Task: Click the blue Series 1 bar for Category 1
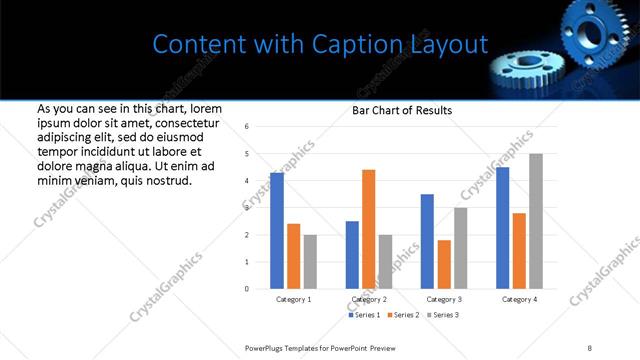pos(277,231)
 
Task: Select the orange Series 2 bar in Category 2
pos(368,230)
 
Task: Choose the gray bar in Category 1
pos(310,262)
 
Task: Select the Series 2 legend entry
pos(404,315)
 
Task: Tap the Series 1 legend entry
pos(365,315)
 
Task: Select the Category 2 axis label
pos(368,299)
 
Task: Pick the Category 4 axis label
pos(519,299)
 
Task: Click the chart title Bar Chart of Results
pos(402,110)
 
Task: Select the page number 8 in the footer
pos(589,346)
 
